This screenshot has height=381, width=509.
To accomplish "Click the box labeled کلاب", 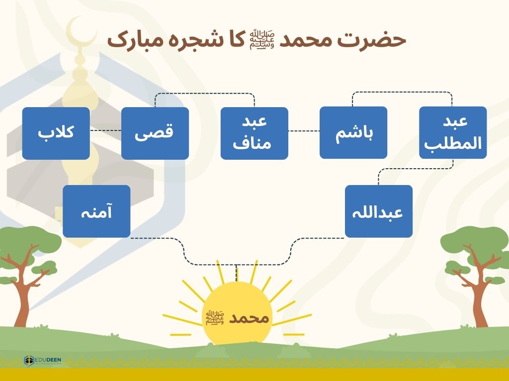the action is pos(56,133).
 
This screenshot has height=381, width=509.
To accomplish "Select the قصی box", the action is pos(155,133).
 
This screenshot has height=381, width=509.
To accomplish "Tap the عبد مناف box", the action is pos(254,133).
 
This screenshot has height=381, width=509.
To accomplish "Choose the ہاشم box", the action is pos(353,132).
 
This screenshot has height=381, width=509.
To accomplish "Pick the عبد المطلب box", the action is pos(453,132).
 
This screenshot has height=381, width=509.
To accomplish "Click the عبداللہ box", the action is pos(378,211).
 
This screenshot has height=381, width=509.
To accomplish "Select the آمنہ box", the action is pos(96,211).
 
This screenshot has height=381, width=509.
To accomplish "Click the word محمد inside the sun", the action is pos(249,318).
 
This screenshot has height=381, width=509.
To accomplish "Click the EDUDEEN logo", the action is pos(43,360).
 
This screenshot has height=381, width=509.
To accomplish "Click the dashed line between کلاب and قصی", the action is pos(105,130).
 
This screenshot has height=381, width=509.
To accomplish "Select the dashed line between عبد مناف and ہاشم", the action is pos(304,131).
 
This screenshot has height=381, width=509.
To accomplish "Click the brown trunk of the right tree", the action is pos(481,292).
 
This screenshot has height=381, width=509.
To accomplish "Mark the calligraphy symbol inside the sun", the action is pos(215,318).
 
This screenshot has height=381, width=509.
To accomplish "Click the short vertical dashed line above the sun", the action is pos(237,273).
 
